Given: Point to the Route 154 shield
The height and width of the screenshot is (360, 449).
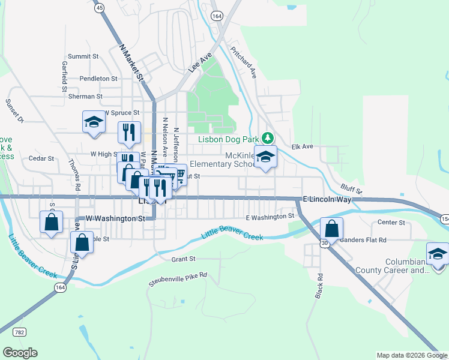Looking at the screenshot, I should coord(444,218).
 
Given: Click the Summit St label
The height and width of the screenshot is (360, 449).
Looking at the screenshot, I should coord(83,56).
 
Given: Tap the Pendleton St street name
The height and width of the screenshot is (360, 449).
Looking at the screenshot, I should coord(98,79).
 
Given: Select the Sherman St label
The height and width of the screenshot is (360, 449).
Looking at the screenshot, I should coord(85,96).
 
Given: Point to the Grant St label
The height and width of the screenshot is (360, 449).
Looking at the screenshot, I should coord(184,259).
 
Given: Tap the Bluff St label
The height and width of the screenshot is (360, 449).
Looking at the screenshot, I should coord(351,190).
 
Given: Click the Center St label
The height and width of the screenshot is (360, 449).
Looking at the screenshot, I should coord(393,223).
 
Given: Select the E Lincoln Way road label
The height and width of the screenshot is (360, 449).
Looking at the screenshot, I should coord(327,199).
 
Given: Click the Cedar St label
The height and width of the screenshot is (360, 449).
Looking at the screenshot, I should coord(41,159).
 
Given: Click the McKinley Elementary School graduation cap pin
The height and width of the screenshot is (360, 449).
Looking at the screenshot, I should coord(265,157).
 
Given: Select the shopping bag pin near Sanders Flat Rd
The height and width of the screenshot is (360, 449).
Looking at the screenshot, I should coord(331,229).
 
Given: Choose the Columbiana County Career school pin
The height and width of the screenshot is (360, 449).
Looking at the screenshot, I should coord(438,254).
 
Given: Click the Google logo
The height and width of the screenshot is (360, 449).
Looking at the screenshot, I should coord(20,353).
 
